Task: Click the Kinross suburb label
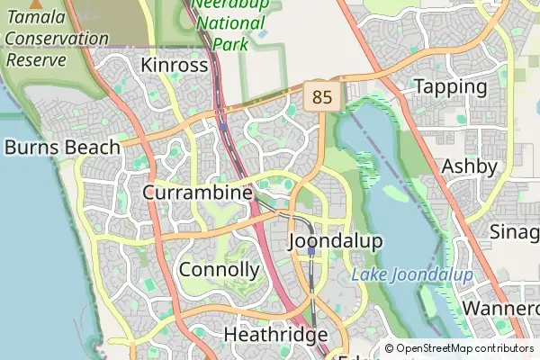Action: pyautogui.click(x=175, y=66)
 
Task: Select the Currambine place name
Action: pyautogui.click(x=196, y=193)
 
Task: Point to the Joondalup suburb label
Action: pyautogui.click(x=336, y=241)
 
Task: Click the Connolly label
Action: pyautogui.click(x=220, y=270)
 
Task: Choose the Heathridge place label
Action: pyautogui.click(x=275, y=335)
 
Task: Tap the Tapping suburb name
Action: pyautogui.click(x=450, y=87)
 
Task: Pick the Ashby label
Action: pyautogui.click(x=469, y=166)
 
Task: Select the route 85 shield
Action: pyautogui.click(x=321, y=95)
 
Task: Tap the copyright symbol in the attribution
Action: pyautogui.click(x=390, y=348)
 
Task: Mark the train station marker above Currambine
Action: pyautogui.click(x=223, y=127)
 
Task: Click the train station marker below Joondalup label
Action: pyautogui.click(x=311, y=253)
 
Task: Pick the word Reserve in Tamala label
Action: pyautogui.click(x=36, y=59)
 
